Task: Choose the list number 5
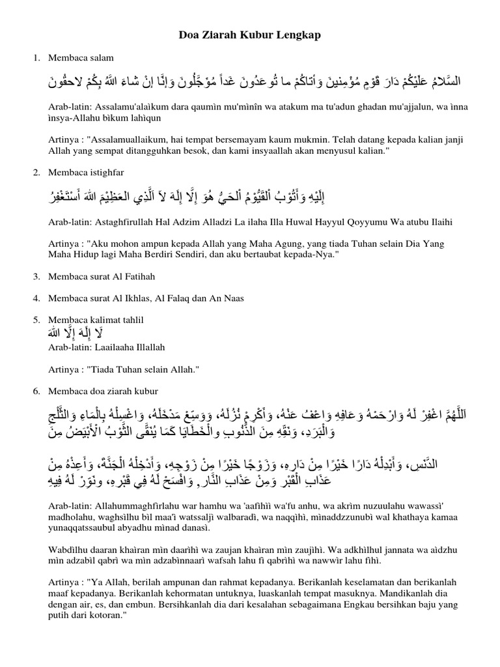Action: point(36,320)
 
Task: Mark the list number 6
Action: point(36,391)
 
